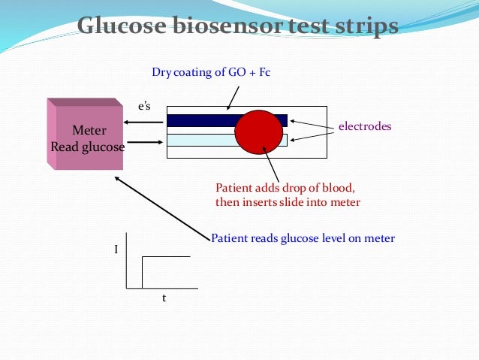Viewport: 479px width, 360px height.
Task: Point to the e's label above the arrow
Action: pyautogui.click(x=143, y=108)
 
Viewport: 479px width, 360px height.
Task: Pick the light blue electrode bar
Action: pyautogui.click(x=200, y=140)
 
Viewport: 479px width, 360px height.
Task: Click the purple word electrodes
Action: pyautogui.click(x=365, y=127)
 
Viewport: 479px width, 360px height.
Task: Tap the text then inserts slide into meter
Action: pyautogui.click(x=288, y=202)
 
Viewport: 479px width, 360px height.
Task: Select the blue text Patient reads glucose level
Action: pyautogui.click(x=303, y=238)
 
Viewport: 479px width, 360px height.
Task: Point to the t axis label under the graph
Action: pyautogui.click(x=164, y=298)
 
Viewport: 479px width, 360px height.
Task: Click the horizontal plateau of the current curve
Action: pyautogui.click(x=167, y=257)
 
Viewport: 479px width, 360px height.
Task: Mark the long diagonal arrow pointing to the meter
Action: pyautogui.click(x=161, y=210)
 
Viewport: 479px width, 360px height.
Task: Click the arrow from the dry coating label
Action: pyautogui.click(x=233, y=96)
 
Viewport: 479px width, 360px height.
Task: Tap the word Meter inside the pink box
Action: pyautogui.click(x=88, y=130)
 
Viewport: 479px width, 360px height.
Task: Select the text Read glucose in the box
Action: pyautogui.click(x=88, y=147)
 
